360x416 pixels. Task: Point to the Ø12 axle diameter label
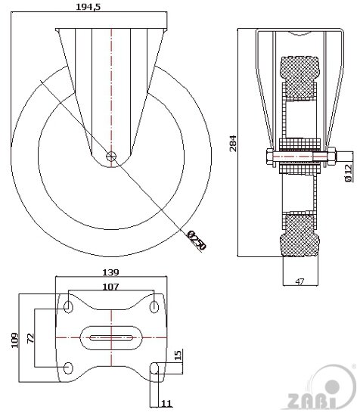pyautogui.click(x=348, y=173)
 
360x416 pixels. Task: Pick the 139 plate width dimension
pyautogui.click(x=110, y=272)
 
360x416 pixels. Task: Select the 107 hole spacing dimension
pyautogui.click(x=110, y=287)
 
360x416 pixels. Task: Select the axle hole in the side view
pyautogui.click(x=112, y=157)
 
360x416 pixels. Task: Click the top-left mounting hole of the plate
pyautogui.click(x=69, y=306)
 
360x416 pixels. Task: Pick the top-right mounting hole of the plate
pyautogui.click(x=154, y=306)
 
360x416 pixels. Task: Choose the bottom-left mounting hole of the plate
pyautogui.click(x=69, y=367)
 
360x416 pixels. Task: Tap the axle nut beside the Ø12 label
pyautogui.click(x=330, y=158)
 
